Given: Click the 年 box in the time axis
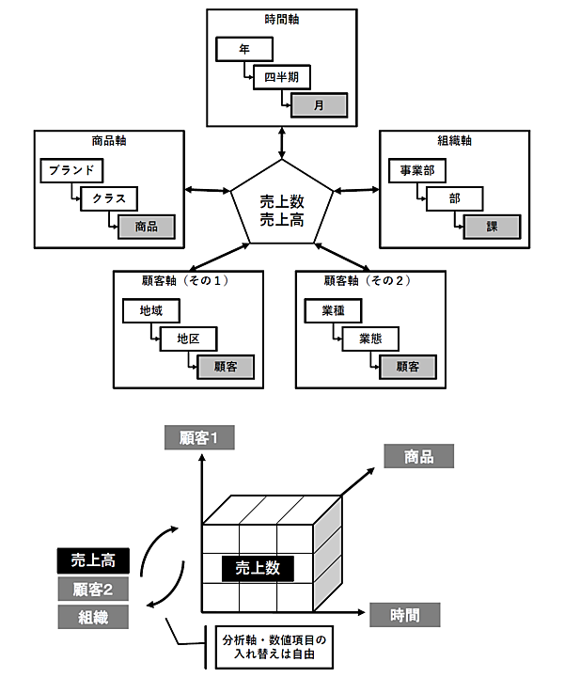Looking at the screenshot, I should [x=244, y=48].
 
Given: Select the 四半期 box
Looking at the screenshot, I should [x=281, y=76].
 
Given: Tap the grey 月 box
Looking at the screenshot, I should [x=319, y=104].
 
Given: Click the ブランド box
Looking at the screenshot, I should [x=71, y=171].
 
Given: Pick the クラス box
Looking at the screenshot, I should [x=109, y=198].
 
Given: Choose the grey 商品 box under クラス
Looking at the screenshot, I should [x=146, y=226].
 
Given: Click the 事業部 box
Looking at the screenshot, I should [x=417, y=171].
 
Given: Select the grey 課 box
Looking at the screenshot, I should [x=491, y=226].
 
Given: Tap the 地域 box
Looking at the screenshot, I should [x=150, y=311].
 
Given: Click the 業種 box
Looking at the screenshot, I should [x=333, y=311].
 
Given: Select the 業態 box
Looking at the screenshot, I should [x=370, y=339].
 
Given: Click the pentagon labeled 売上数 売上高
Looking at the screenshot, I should [x=283, y=206].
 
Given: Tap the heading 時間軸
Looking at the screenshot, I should [x=282, y=19].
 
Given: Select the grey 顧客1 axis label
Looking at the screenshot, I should [x=198, y=438].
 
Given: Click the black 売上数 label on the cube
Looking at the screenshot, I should [x=258, y=567].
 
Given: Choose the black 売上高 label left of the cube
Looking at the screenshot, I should [x=93, y=560].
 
